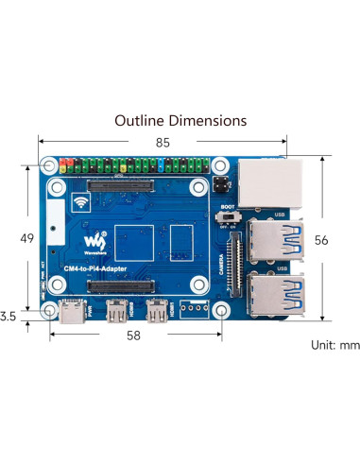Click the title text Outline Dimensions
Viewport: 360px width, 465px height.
pos(180,121)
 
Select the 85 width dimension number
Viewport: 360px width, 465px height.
pos(163,144)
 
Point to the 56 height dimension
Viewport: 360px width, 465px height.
pos(321,241)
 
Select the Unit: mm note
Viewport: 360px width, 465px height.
pos(334,345)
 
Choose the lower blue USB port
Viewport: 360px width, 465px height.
pos(283,293)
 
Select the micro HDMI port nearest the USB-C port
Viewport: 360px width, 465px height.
pos(117,310)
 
